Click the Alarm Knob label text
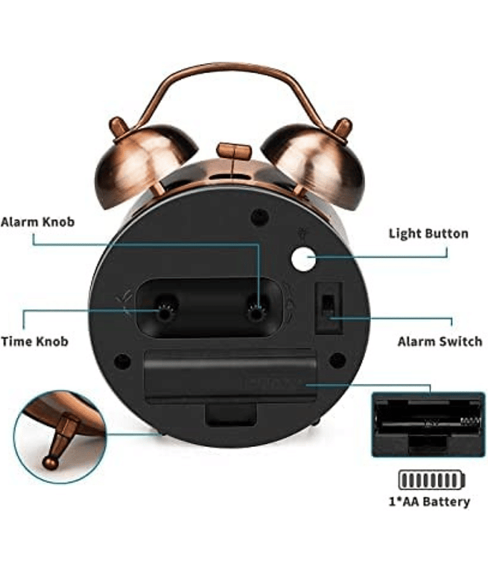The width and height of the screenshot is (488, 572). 37,222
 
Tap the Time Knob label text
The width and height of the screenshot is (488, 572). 34,341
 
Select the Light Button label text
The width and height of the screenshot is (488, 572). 428,234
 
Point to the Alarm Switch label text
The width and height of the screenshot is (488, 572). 439,341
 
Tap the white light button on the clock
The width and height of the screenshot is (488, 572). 303,260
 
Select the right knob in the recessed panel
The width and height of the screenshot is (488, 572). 256,312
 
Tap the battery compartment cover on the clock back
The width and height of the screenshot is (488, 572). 230,376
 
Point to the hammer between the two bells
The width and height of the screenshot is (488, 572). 233,152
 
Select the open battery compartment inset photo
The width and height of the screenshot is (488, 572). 428,423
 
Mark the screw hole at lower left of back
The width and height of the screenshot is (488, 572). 123,361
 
